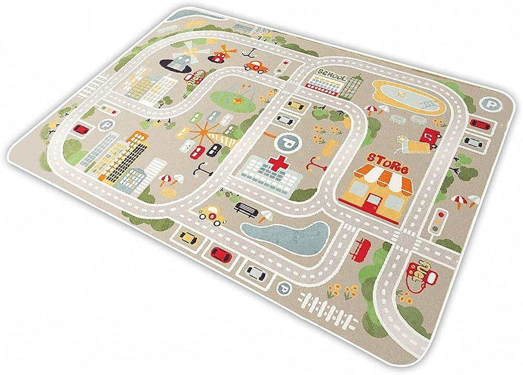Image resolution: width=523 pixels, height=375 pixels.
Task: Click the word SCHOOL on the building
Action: point(331,75)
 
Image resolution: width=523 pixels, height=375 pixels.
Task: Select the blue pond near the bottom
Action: point(285,233)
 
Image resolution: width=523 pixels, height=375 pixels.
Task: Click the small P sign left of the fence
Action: point(284,286)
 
